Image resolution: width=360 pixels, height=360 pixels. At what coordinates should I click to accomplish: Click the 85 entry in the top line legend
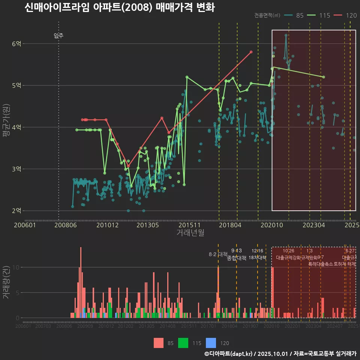(300, 15)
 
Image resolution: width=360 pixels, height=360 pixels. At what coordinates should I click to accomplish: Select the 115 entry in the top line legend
(324, 15)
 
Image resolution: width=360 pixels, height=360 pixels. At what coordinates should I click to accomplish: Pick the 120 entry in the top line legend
(351, 15)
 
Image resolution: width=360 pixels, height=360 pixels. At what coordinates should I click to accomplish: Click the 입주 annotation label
(58, 36)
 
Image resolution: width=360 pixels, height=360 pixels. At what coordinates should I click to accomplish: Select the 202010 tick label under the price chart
(271, 225)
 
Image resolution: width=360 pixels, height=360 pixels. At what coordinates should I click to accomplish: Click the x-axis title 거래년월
(190, 233)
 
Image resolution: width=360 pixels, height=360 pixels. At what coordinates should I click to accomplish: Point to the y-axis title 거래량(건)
(6, 282)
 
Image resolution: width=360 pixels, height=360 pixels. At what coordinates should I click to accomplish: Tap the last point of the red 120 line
(251, 52)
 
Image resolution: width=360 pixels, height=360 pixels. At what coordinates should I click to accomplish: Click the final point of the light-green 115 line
(324, 77)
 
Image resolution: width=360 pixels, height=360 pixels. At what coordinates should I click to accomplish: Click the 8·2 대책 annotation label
(218, 254)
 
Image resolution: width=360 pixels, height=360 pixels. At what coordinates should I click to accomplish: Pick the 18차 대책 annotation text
(257, 258)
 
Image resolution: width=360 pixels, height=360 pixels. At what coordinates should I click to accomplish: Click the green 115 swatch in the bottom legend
(183, 343)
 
